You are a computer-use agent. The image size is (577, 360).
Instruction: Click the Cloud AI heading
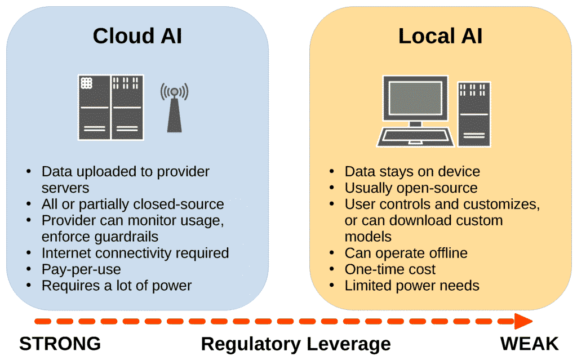(137, 36)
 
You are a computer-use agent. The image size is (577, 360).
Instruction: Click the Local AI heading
(440, 36)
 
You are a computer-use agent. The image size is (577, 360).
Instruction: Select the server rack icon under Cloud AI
(110, 108)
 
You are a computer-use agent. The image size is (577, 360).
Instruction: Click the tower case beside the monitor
(474, 113)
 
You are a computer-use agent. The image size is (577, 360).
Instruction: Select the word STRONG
(60, 343)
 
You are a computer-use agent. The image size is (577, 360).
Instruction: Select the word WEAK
(529, 343)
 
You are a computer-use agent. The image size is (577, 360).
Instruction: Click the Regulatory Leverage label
(296, 344)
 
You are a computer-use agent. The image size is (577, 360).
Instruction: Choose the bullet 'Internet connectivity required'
(135, 253)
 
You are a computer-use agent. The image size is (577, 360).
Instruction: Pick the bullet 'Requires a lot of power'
(117, 286)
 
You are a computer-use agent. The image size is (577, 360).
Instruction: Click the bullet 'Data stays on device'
(412, 171)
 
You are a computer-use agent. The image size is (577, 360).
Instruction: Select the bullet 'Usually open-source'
(411, 188)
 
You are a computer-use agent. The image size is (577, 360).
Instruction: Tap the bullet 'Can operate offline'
(406, 253)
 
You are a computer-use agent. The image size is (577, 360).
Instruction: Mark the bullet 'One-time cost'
(390, 269)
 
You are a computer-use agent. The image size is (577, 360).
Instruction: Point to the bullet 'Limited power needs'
(412, 286)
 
